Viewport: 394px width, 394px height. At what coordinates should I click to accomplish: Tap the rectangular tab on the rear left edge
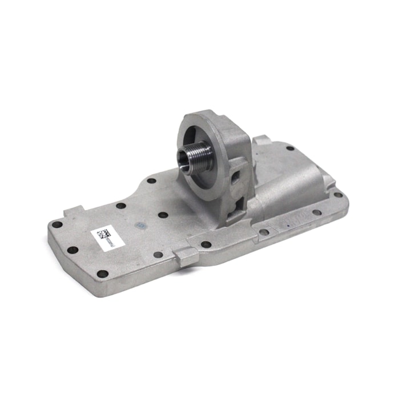coord(75,211)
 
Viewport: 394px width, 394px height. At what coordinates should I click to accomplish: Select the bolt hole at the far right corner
coord(339,195)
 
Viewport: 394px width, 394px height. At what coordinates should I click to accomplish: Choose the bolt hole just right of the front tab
coord(206,244)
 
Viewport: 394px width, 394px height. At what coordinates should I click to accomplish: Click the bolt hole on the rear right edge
coord(290,148)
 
